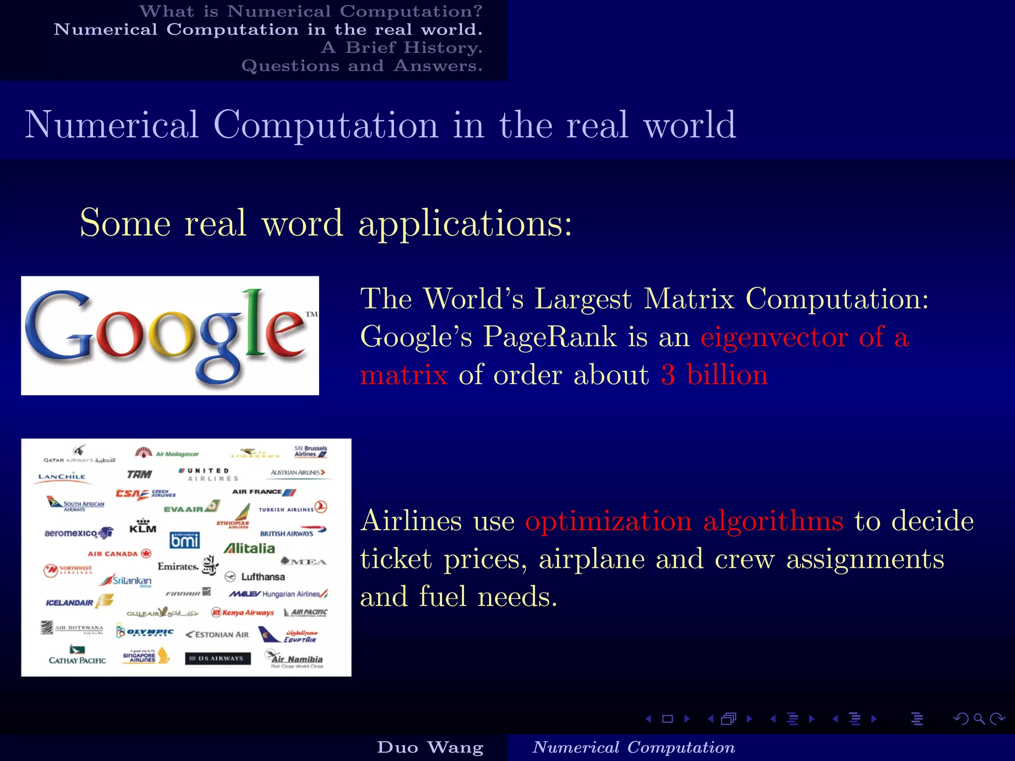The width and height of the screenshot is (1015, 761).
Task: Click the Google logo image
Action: (x=169, y=335)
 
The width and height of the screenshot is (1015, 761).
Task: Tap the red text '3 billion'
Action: (x=714, y=375)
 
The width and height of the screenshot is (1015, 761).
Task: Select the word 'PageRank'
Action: (x=550, y=337)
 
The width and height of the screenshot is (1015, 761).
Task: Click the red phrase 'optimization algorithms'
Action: (x=683, y=521)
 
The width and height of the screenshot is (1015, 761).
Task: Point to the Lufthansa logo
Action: (x=256, y=577)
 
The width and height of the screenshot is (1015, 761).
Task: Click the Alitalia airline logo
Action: (x=249, y=548)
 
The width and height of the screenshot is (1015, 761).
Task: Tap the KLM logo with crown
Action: (x=143, y=526)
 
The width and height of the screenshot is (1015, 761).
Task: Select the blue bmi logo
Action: (x=184, y=540)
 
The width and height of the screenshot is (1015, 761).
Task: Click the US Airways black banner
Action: (x=218, y=658)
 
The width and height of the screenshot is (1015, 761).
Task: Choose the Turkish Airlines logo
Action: (x=292, y=508)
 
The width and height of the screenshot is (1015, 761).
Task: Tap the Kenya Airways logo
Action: (x=243, y=613)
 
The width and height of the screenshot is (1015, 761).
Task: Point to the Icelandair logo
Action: (x=78, y=602)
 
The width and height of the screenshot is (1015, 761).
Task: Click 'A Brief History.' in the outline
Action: (x=401, y=48)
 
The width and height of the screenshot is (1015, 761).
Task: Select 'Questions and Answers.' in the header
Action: (x=362, y=66)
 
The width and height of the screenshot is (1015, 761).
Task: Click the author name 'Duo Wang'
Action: (x=430, y=747)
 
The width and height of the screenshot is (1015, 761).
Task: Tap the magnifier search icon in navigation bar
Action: (x=979, y=719)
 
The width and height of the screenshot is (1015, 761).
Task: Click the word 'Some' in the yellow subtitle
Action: (x=125, y=223)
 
